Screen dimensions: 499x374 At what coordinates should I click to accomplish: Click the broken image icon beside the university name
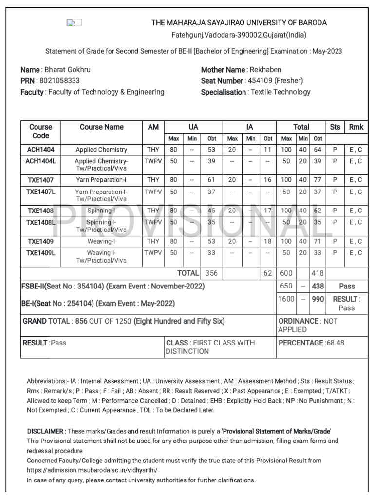point(74,23)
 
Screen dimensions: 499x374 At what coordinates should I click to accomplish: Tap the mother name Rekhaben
point(265,70)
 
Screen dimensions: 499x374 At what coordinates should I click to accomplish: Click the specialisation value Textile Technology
point(280,92)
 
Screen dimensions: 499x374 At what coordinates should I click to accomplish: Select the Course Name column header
point(102,127)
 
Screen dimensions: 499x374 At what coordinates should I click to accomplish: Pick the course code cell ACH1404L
point(40,161)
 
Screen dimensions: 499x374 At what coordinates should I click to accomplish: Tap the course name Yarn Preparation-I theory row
point(101,180)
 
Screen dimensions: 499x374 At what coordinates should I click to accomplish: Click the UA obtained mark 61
point(211,180)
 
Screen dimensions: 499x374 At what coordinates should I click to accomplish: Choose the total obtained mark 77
point(318,180)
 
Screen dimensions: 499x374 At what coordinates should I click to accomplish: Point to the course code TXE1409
point(40,241)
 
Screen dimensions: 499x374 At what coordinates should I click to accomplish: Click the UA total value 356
point(211,273)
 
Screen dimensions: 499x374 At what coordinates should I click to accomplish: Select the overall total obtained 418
point(318,273)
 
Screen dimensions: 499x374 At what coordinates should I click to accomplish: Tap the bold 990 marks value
point(318,299)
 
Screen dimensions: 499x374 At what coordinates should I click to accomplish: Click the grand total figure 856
point(81,321)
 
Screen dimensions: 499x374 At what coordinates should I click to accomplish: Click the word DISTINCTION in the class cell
point(187,351)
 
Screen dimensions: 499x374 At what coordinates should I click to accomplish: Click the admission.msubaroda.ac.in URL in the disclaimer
point(92,470)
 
